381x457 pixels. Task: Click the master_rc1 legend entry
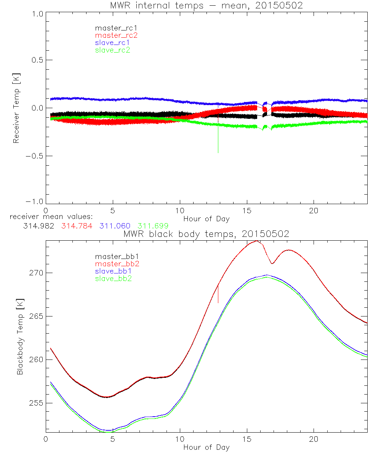click(x=112, y=28)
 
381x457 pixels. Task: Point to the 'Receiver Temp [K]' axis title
click(x=16, y=108)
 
